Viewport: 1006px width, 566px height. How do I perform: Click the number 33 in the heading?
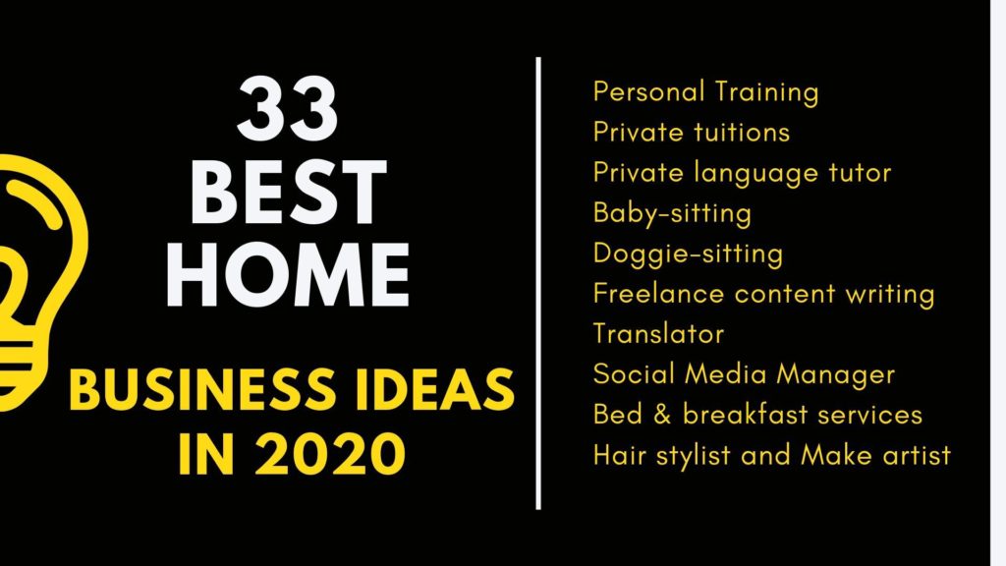point(287,109)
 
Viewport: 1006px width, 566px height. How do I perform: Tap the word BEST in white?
point(289,192)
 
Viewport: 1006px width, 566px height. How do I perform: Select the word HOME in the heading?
point(288,275)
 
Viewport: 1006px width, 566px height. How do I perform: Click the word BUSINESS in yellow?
point(201,389)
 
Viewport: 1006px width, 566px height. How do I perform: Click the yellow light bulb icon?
point(37,282)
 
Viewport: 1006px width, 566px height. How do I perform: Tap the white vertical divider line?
point(538,283)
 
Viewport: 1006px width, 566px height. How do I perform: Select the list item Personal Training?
point(705,92)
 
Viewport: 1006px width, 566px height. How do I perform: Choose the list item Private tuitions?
point(692,133)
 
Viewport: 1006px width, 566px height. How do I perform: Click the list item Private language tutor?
point(743,173)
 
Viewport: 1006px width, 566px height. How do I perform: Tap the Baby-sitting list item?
point(672,213)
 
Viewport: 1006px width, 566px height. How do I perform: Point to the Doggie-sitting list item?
point(689,255)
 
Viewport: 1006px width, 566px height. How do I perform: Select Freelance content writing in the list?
point(764,295)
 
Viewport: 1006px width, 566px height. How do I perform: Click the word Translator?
point(659,334)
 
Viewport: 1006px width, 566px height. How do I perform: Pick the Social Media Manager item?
point(745,374)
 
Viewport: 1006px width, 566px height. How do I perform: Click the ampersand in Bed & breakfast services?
point(662,415)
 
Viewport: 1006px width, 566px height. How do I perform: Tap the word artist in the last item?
point(918,456)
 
